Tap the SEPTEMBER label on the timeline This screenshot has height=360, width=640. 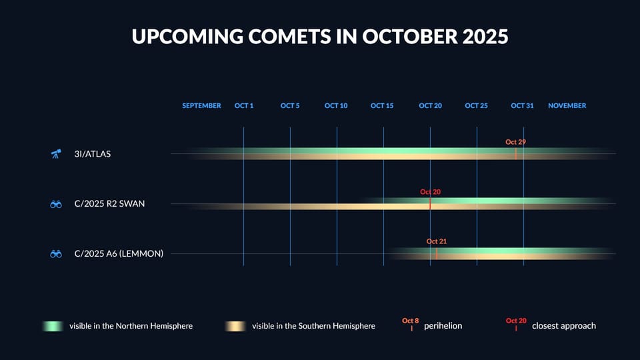tap(201, 106)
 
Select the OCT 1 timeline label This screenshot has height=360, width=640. tap(244, 106)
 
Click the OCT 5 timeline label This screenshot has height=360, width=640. tap(290, 106)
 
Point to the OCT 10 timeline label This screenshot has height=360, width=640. tap(336, 106)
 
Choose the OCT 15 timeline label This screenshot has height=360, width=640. tap(382, 106)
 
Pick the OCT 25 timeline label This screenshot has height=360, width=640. tap(476, 106)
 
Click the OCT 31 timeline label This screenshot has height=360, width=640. tap(522, 106)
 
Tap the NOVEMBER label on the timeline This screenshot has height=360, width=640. tap(567, 106)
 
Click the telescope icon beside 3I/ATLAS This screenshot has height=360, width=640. tap(56, 154)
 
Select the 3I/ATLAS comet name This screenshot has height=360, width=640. tap(93, 154)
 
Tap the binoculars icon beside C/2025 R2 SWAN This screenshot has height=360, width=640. tap(56, 204)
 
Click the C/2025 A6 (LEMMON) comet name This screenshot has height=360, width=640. tap(119, 253)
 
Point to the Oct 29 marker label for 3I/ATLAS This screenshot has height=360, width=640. tap(516, 142)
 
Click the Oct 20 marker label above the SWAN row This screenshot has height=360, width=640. tap(430, 192)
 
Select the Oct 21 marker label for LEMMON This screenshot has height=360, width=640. tap(437, 241)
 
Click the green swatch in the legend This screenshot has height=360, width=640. tap(52, 326)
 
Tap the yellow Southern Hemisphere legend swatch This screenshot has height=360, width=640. tap(235, 326)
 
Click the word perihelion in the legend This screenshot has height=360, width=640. tap(443, 326)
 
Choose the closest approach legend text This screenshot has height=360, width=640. tap(563, 326)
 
